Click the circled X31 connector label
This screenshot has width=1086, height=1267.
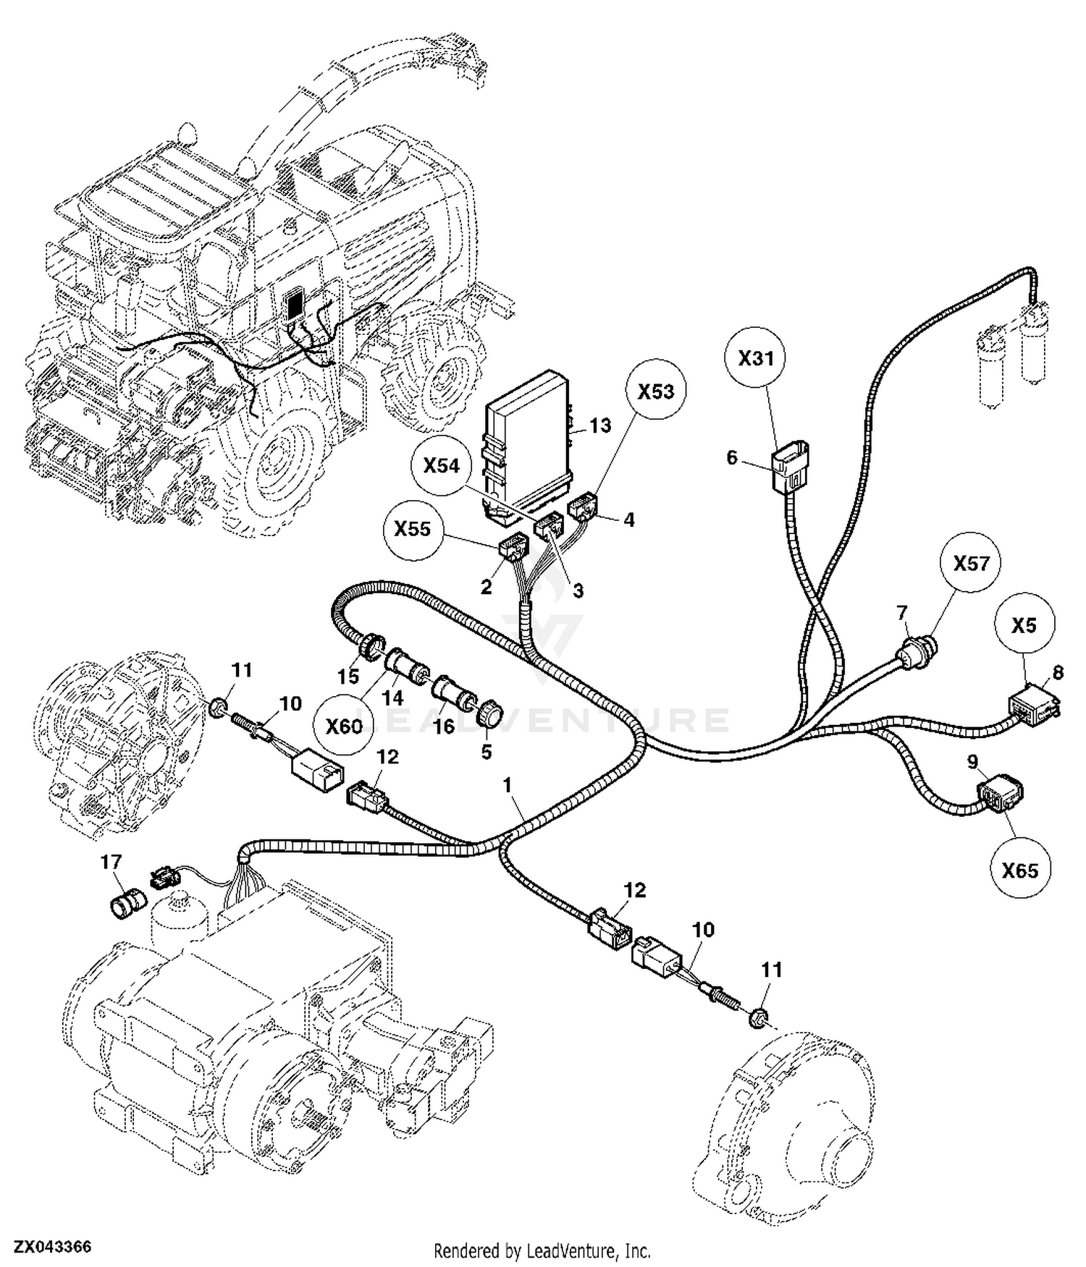[756, 357]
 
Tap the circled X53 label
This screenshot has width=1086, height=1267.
[655, 391]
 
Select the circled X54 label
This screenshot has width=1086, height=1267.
[441, 465]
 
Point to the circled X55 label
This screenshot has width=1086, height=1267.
[412, 529]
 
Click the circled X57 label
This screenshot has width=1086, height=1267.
[971, 563]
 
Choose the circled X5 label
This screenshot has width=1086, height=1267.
[1024, 624]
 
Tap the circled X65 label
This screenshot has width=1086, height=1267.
[1019, 869]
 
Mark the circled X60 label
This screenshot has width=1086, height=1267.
[343, 726]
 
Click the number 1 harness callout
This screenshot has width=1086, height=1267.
[508, 784]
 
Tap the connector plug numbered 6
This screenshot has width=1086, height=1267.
[790, 467]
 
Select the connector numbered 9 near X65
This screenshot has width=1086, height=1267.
[1001, 794]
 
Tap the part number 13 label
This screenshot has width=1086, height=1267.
[600, 425]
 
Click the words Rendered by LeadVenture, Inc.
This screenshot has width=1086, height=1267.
[542, 1250]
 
